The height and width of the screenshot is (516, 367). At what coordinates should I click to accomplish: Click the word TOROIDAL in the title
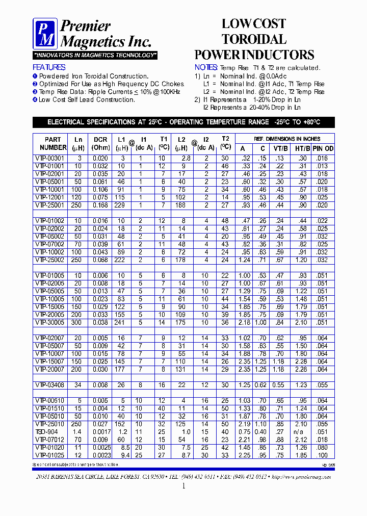pos(254,39)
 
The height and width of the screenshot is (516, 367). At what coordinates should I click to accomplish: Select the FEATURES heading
pos(49,67)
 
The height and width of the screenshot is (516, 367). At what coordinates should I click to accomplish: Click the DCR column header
pos(100,143)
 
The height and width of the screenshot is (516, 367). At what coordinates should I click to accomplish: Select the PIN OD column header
pos(323,148)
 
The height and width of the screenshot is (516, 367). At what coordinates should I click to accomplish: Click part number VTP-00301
pos(50,159)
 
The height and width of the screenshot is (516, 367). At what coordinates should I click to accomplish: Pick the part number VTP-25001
pos(50,205)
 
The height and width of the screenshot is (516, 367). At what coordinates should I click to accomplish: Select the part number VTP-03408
pos(50,384)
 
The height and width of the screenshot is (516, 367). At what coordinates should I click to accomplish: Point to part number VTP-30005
pos(50,322)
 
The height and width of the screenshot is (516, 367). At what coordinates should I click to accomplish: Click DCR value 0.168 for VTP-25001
pos(100,205)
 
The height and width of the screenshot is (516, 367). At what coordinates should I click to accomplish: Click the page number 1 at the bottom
pos(183,486)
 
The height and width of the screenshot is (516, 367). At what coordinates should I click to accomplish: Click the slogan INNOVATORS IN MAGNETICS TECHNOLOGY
pos(95,55)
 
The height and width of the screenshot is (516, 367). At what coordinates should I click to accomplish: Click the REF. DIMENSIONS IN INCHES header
pos(287,139)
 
